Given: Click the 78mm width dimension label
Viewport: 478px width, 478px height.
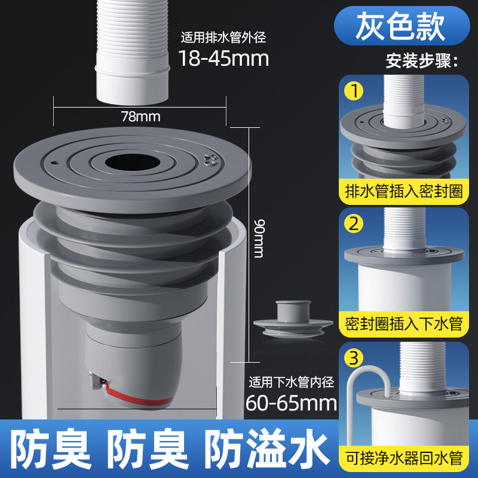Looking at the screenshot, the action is coord(140,117).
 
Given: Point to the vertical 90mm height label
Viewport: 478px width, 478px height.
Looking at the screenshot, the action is coord(259,238).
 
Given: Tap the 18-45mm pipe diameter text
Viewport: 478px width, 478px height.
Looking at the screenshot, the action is coord(223,58).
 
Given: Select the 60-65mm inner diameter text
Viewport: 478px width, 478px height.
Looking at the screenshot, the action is coord(291,403).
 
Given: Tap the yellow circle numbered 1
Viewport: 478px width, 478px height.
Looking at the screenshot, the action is coord(354,91).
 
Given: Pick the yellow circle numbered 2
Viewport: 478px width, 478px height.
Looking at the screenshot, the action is coord(354,224).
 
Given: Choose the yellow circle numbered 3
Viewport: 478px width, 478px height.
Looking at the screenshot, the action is coord(354,358).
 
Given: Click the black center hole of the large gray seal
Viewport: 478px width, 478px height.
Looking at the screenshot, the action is coord(133,162).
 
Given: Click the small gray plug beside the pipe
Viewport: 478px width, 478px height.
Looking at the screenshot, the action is coord(293,318).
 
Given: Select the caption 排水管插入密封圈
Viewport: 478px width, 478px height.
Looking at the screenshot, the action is coord(404,191).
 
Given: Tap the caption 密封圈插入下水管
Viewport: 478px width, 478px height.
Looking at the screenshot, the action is coord(404,324).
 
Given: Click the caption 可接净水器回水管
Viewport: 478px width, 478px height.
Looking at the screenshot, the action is coord(404,458).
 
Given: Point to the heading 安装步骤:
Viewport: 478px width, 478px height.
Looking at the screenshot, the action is coord(422,61).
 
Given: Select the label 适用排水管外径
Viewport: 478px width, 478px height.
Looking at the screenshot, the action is coord(223,38).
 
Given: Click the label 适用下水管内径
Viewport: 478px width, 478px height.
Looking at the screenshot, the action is coord(291,382).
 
